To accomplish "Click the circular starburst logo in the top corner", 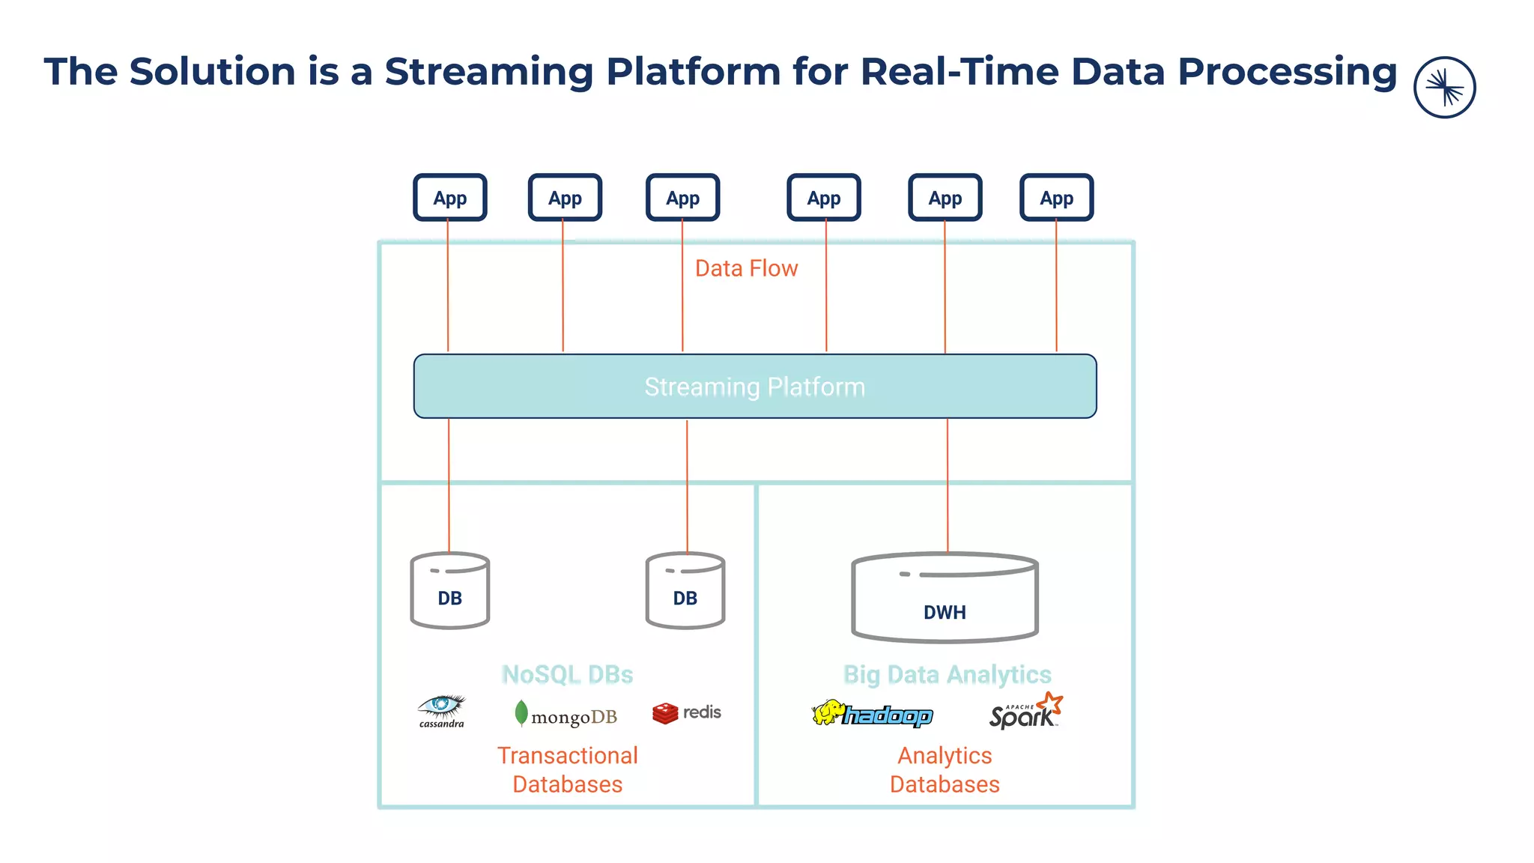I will (x=1444, y=88).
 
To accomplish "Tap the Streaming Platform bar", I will (x=754, y=387).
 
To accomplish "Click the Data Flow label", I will (x=746, y=268).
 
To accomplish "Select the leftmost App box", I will (x=449, y=198).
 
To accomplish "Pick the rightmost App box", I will (x=1056, y=198).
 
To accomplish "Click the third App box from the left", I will (x=682, y=198).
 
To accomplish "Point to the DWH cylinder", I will (x=945, y=598).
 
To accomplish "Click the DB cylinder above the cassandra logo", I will (x=449, y=591).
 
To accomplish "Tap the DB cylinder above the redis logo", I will (x=685, y=591).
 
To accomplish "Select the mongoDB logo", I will (x=566, y=715).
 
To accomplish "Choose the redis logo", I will (x=686, y=712).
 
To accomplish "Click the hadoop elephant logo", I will (x=872, y=714).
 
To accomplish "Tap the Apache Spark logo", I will (x=1025, y=712).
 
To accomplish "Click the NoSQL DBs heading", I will (x=567, y=674).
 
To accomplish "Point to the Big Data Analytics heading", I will (x=947, y=674).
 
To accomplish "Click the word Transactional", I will (x=567, y=755).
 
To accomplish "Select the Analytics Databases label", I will (x=945, y=769).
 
